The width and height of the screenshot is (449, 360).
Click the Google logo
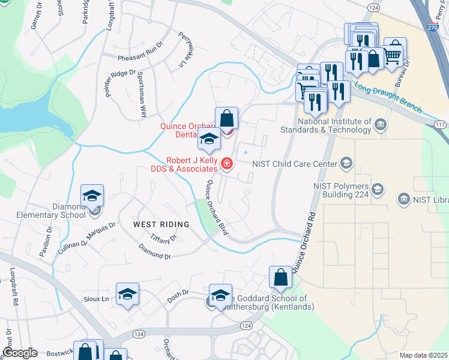pyautogui.click(x=19, y=353)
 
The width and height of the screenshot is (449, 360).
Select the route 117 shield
pyautogui.click(x=440, y=124)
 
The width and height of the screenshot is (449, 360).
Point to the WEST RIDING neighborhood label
pyautogui.click(x=161, y=224)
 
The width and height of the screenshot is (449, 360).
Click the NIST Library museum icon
pyautogui.click(x=403, y=198)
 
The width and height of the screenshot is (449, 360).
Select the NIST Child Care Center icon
pyautogui.click(x=346, y=163)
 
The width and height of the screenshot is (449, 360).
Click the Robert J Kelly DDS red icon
pyautogui.click(x=227, y=163)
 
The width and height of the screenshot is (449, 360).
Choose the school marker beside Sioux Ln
pyautogui.click(x=127, y=294)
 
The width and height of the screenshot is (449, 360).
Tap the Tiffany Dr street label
pyautogui.click(x=163, y=238)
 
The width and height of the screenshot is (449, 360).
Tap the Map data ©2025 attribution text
pyautogui.click(x=424, y=356)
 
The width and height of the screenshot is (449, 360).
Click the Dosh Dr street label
pyautogui.click(x=178, y=294)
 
